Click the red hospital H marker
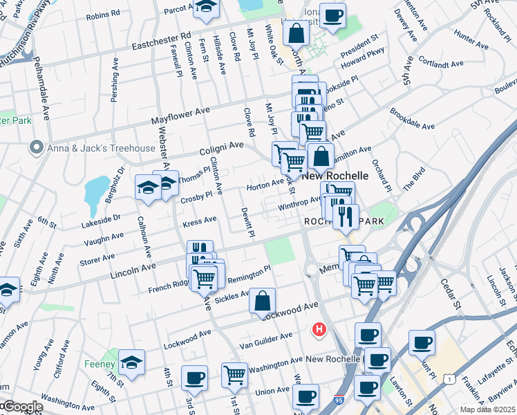point(319,330)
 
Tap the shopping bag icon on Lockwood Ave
point(263,302)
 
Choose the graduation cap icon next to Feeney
point(131,362)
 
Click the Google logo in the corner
point(22,407)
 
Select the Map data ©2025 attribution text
point(487,409)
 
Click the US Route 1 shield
point(451,378)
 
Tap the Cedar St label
point(449,295)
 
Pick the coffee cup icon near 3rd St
point(194,378)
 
